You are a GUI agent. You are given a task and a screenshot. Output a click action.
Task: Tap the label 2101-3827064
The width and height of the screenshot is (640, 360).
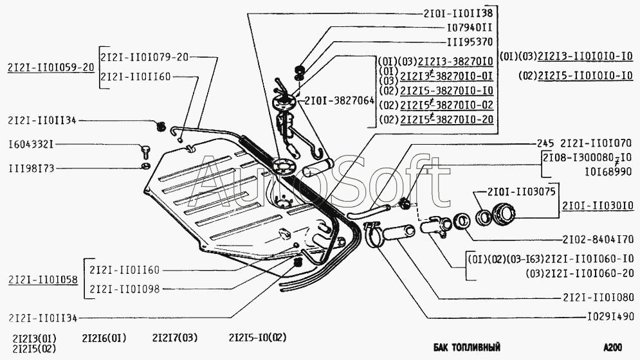pos(336,101)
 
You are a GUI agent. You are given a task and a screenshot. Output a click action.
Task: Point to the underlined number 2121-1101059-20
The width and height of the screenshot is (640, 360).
pos(51,66)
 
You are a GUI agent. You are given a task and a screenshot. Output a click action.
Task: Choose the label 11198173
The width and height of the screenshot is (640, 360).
pos(32,168)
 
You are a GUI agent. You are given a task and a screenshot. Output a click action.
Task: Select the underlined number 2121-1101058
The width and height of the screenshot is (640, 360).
pos(43,280)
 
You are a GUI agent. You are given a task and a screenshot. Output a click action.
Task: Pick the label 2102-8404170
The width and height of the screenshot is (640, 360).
pos(599,237)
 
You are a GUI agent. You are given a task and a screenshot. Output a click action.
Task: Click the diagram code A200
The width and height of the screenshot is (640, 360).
pos(613,348)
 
